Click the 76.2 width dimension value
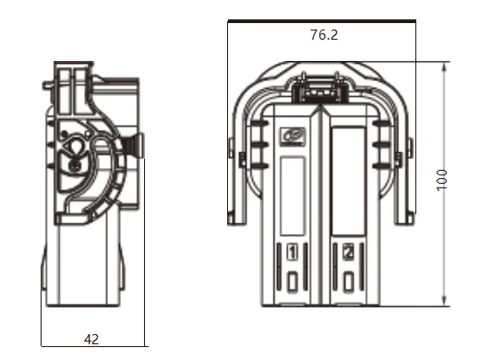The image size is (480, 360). pos(323,35)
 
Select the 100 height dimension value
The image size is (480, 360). pos(443,180)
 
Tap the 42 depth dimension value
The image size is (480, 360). pos(91,339)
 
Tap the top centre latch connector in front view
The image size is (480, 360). pos(318,90)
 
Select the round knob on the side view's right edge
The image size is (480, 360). pos(138,145)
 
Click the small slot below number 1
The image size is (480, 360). pos(293,281)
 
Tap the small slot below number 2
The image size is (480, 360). pos(347,281)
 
